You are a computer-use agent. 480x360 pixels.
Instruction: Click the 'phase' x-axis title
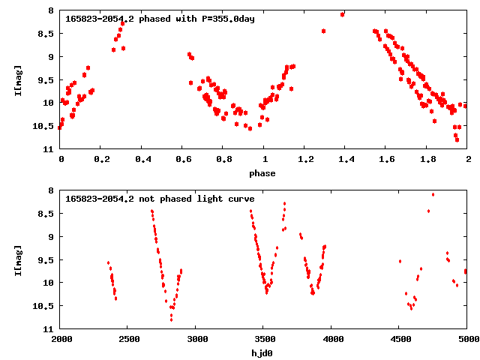click(262, 173)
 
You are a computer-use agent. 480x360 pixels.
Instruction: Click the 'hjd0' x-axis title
click(262, 352)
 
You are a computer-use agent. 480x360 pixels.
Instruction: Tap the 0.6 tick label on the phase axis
click(183, 159)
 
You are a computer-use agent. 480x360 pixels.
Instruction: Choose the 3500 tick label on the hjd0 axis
click(263, 338)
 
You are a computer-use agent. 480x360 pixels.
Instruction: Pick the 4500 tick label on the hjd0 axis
click(398, 338)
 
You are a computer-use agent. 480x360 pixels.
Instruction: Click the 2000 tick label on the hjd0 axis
click(61, 338)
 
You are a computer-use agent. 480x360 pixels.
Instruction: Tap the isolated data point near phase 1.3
click(323, 31)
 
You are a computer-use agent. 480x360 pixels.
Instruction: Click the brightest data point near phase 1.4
click(343, 14)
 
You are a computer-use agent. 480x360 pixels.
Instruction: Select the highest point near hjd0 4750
click(433, 195)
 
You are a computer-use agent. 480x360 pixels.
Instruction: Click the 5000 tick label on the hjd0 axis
click(466, 338)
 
